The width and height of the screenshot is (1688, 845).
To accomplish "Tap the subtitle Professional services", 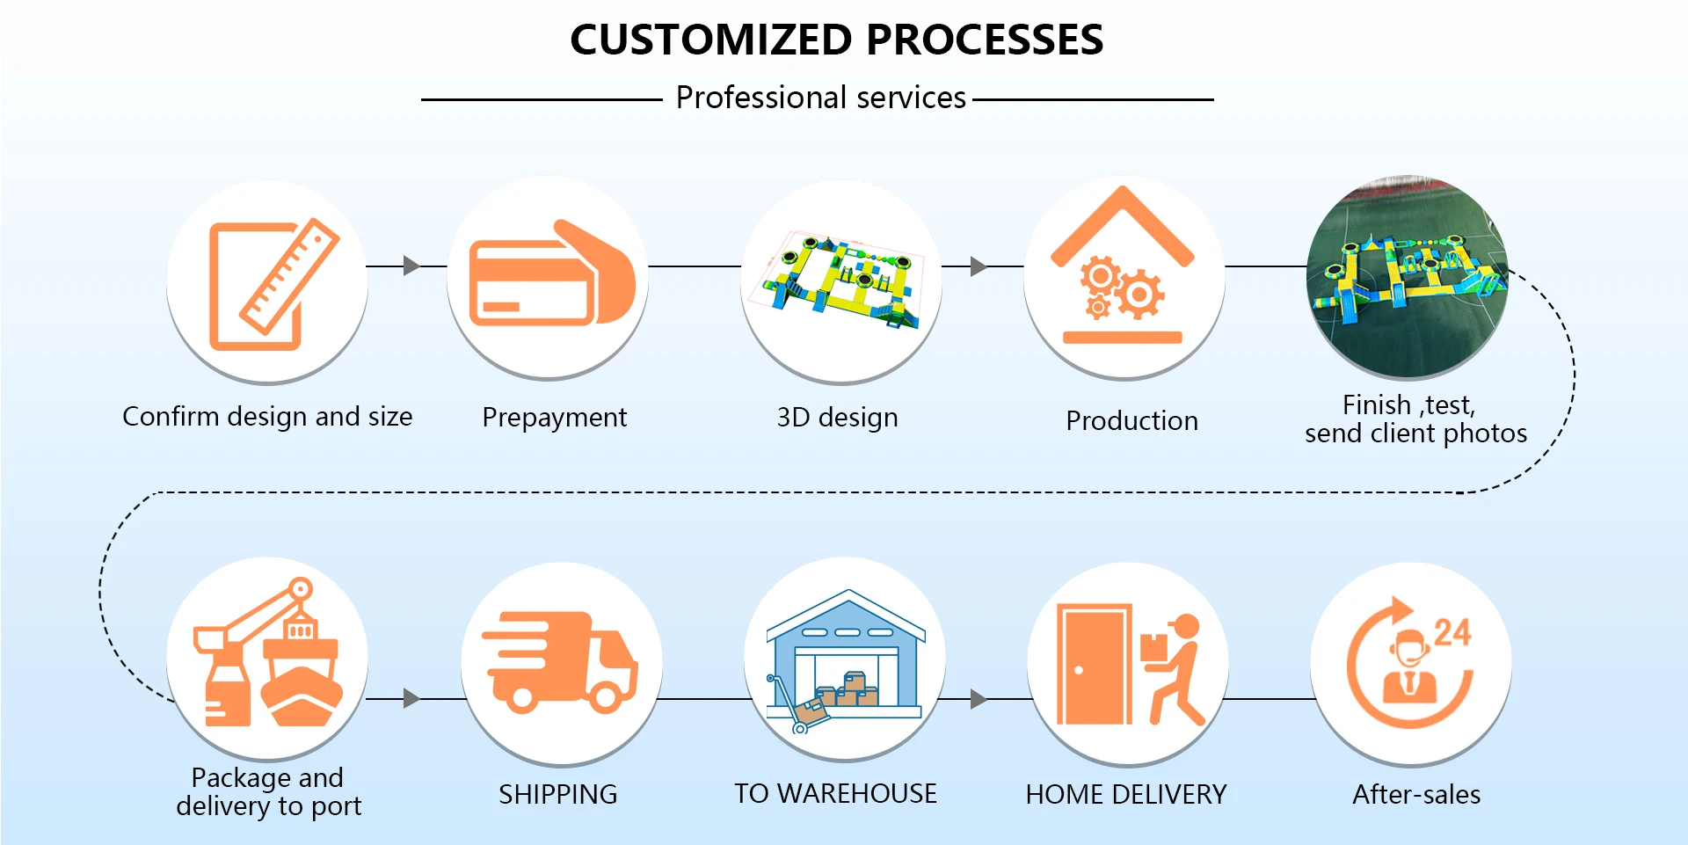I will [x=820, y=98].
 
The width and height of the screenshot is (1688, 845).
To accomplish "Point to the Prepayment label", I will [x=554, y=418].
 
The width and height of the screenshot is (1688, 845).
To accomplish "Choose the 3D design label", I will [x=837, y=418].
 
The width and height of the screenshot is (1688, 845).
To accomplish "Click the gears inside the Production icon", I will [x=1122, y=288].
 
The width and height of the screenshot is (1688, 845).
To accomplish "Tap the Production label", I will [x=1131, y=421].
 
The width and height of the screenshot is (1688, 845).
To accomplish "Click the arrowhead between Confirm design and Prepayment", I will [x=411, y=266].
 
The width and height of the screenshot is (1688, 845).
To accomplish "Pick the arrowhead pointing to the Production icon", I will [x=978, y=266].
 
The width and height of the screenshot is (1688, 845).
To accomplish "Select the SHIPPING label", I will [x=557, y=795].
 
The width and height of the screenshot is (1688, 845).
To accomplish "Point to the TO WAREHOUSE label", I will [x=835, y=794].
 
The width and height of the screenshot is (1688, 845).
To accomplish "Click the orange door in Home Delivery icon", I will [x=1093, y=664].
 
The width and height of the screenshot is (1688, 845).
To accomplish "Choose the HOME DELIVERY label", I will [x=1125, y=795].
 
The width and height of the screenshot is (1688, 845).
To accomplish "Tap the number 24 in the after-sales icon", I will [x=1452, y=632].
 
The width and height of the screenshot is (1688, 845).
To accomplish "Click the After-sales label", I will [x=1416, y=795].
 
